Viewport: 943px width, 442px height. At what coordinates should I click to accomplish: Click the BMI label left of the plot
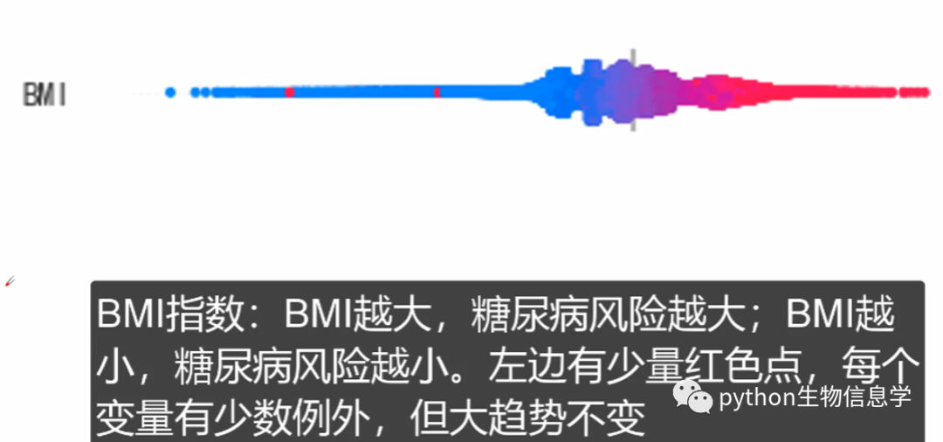tap(44, 94)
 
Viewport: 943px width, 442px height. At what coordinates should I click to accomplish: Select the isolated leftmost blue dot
tap(170, 92)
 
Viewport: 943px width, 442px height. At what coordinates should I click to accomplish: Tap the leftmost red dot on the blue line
tap(290, 92)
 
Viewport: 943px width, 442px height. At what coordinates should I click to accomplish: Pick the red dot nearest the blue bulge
tap(437, 92)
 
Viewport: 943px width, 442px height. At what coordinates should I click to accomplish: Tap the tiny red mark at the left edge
tap(10, 280)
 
